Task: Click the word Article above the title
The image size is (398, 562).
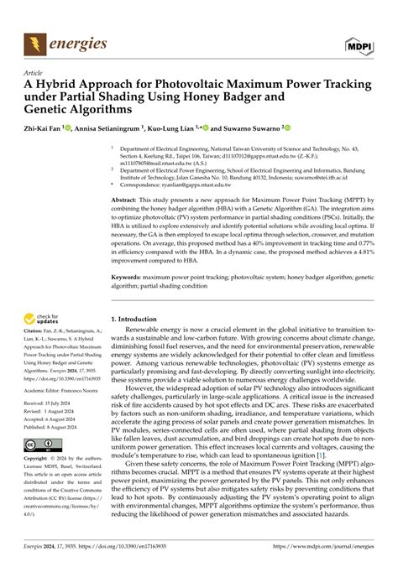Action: pyautogui.click(x=34, y=71)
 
